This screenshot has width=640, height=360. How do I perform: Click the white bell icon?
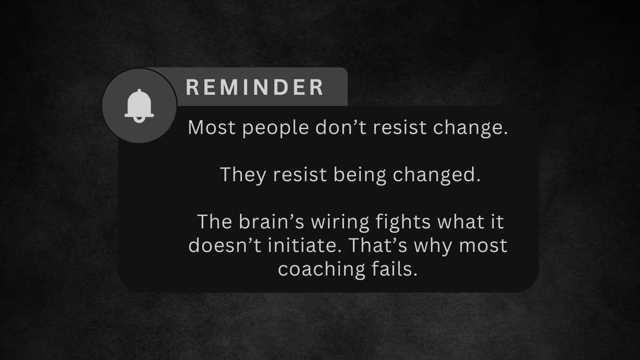click(x=139, y=106)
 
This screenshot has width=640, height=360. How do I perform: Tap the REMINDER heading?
click(x=255, y=87)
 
